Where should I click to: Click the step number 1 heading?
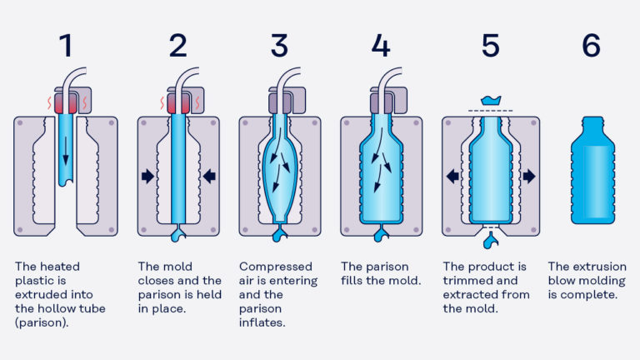pyautogui.click(x=65, y=47)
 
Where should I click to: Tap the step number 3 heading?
pyautogui.click(x=279, y=47)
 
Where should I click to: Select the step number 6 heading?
pyautogui.click(x=592, y=47)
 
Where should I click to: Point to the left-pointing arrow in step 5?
pyautogui.click(x=453, y=176)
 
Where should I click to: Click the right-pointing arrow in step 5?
pyautogui.click(x=530, y=176)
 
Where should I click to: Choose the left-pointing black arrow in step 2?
pyautogui.click(x=208, y=176)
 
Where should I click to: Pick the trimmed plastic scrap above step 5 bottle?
pyautogui.click(x=492, y=101)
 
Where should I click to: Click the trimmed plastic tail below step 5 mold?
pyautogui.click(x=492, y=242)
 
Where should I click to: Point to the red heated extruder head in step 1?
pyautogui.click(x=65, y=104)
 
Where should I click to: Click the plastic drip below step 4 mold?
pyautogui.click(x=380, y=236)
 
